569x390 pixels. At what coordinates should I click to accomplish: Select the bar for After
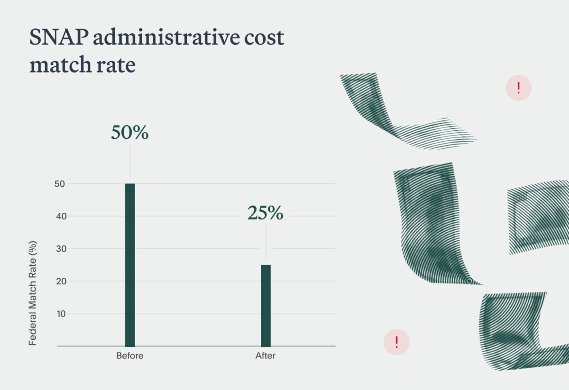tap(266, 305)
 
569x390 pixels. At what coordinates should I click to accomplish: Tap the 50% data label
tap(129, 133)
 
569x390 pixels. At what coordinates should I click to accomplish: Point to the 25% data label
tap(266, 214)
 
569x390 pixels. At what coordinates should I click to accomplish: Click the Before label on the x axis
tap(130, 356)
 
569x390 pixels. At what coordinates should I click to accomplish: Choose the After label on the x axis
tap(266, 356)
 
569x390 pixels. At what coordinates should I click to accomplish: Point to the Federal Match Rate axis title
tap(33, 294)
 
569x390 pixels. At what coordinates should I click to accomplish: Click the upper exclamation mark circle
tap(519, 88)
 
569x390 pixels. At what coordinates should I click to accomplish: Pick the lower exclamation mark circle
tap(396, 342)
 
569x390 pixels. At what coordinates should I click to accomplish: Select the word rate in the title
tap(116, 65)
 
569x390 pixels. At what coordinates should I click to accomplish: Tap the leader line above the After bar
tap(266, 242)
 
